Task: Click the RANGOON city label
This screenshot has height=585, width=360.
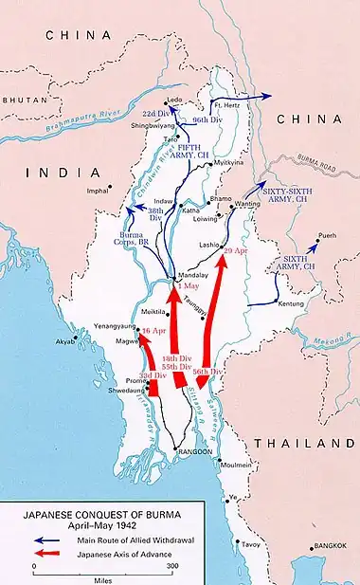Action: point(196,452)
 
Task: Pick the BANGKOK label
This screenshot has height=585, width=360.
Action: point(337,547)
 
